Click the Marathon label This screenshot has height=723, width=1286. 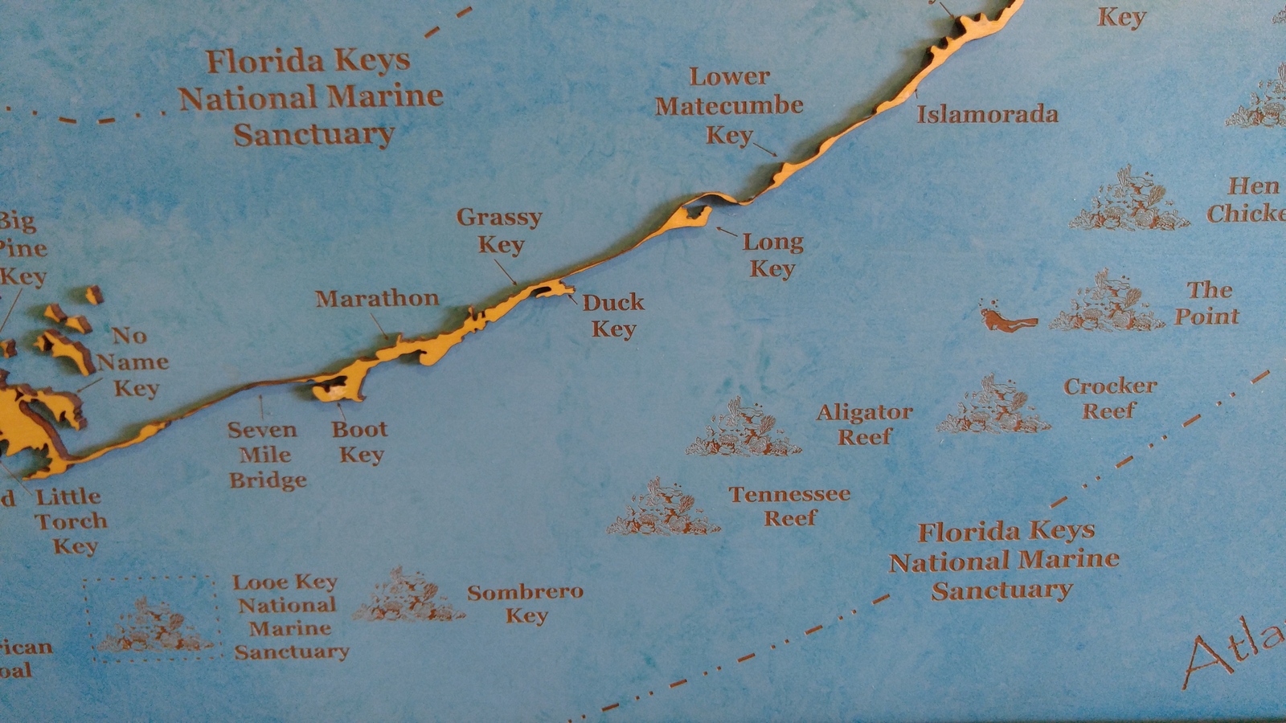[x=377, y=299]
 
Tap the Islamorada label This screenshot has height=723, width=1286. [x=987, y=114]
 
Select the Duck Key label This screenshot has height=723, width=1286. [x=613, y=315]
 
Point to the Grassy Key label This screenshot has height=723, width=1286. [x=499, y=231]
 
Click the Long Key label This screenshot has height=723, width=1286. [x=772, y=255]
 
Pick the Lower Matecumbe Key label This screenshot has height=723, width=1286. [x=729, y=105]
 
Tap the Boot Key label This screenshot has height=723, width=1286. [x=360, y=442]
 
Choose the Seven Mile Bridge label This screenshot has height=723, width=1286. [x=265, y=455]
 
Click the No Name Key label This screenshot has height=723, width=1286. [x=133, y=361]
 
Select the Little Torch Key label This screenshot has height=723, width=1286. [x=71, y=521]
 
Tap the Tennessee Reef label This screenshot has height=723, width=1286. [x=789, y=506]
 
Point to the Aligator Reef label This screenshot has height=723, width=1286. [x=865, y=424]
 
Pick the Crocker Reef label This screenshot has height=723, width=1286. [x=1110, y=398]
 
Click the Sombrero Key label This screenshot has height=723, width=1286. [x=526, y=603]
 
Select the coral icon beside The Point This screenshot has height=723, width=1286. [x=1107, y=304]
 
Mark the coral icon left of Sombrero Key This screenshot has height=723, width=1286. [x=407, y=597]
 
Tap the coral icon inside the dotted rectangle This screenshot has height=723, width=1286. [x=154, y=626]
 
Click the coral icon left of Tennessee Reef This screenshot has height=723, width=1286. [x=664, y=509]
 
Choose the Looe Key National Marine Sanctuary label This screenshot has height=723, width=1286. [x=290, y=616]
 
